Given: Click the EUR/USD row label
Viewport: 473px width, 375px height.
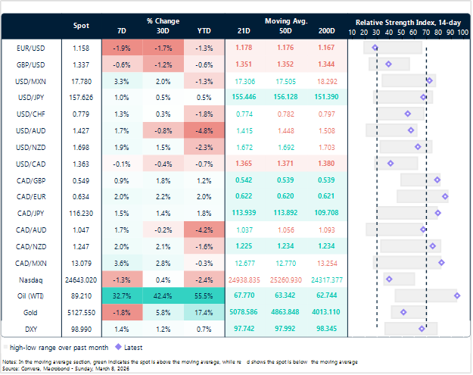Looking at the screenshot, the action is point(30,48).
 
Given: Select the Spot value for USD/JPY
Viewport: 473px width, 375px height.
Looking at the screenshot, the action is point(81,98).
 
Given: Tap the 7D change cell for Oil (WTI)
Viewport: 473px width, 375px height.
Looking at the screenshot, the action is point(122,296).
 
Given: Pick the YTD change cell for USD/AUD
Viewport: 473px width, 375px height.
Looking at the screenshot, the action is point(204,131).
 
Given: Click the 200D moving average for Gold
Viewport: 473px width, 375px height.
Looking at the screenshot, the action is point(325,312).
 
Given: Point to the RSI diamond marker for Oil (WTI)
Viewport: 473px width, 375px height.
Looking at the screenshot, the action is point(457,295).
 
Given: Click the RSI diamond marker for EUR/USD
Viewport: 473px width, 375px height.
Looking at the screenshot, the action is point(375,48).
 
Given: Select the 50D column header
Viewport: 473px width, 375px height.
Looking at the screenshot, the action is point(285,31).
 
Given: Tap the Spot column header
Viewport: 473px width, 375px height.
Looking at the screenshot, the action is point(81,26).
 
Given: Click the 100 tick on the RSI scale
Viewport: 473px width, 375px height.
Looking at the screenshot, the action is point(463,33).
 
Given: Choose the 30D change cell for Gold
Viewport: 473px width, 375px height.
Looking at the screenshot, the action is point(163,312).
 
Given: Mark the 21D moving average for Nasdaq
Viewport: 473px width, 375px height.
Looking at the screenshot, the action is point(244,280).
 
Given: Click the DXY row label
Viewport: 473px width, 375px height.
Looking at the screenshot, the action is point(31,329).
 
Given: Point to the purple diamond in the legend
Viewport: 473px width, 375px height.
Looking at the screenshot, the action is point(119,347).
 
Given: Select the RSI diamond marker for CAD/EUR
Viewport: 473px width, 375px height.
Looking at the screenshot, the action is point(445,196).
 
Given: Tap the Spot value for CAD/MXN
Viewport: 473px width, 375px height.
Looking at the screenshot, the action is point(81,264).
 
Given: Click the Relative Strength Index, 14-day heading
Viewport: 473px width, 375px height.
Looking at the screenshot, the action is point(408,23).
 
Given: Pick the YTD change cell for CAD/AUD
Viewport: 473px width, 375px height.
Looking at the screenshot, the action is point(204,230).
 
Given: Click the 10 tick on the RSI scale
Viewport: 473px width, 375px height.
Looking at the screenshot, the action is point(352,33).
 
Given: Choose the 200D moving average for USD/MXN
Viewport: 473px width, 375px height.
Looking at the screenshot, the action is point(327,82).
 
